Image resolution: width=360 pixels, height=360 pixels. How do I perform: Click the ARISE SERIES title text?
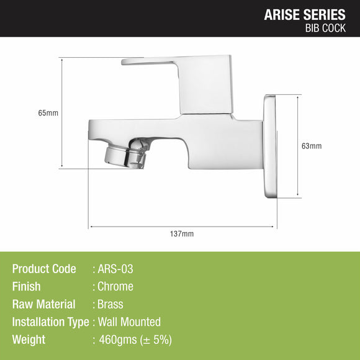[x=305, y=14]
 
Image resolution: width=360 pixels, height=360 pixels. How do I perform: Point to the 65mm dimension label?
[x=48, y=113]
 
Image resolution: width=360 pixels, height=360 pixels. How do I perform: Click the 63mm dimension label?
[x=311, y=146]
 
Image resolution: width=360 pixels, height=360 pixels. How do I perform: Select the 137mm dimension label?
[x=182, y=234]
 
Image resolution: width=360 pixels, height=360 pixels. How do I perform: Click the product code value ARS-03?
[x=115, y=269]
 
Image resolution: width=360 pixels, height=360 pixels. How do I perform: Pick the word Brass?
[x=110, y=304]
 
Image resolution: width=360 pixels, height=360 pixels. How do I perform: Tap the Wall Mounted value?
[x=129, y=322]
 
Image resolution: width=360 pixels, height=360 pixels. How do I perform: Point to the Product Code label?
[x=44, y=269]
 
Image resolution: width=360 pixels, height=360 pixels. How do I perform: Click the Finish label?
[x=26, y=287]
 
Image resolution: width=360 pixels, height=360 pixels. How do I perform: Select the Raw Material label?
[x=43, y=304]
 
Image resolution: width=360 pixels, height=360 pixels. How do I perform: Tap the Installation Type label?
[x=51, y=322]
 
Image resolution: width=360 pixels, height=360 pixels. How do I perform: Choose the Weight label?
[x=29, y=340]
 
